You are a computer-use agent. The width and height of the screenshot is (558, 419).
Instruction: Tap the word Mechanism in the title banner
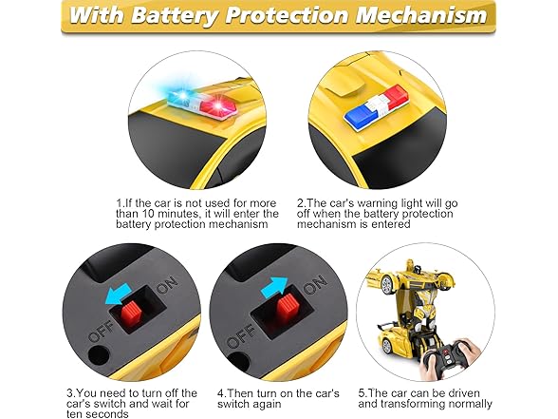tap(421, 15)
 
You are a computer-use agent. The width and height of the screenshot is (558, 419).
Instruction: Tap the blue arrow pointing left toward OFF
tap(118, 293)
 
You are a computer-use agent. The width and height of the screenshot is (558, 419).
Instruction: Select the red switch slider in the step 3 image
tap(132, 313)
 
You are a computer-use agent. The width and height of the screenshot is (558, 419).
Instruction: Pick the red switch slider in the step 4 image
tap(288, 306)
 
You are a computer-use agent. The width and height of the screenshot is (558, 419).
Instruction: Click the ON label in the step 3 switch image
tap(167, 283)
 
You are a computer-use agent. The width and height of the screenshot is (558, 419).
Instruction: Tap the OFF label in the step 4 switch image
tap(240, 336)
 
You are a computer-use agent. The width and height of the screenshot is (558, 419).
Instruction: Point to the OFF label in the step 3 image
tap(101, 332)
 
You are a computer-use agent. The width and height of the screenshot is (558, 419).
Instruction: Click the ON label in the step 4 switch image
tap(315, 284)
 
